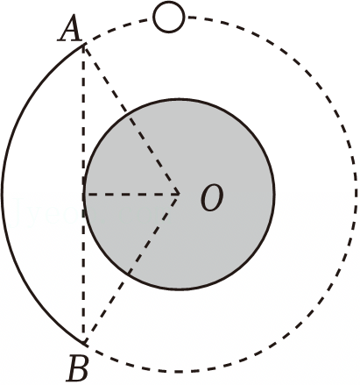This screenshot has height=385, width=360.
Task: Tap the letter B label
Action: point(77,368)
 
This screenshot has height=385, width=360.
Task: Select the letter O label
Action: point(212,197)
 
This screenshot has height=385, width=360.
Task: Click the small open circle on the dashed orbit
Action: point(169,17)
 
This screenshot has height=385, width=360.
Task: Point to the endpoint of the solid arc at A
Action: point(84,44)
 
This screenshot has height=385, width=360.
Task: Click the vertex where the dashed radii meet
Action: point(179,194)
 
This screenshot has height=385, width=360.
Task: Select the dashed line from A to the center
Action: point(131,118)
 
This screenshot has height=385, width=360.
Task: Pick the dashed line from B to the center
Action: point(131,269)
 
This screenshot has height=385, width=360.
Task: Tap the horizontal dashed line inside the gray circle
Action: point(131,194)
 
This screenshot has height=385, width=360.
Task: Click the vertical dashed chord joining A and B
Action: point(84,194)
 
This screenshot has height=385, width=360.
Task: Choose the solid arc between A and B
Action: point(3,194)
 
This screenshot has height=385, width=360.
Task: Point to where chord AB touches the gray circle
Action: point(84,194)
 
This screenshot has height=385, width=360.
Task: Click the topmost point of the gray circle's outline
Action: point(179,99)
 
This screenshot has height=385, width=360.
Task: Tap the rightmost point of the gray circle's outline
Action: point(274,194)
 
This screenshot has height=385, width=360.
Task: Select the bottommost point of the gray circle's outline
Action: point(179,289)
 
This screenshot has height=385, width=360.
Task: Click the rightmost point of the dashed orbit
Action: point(356,194)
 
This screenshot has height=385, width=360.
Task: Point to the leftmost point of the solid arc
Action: point(3,194)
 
